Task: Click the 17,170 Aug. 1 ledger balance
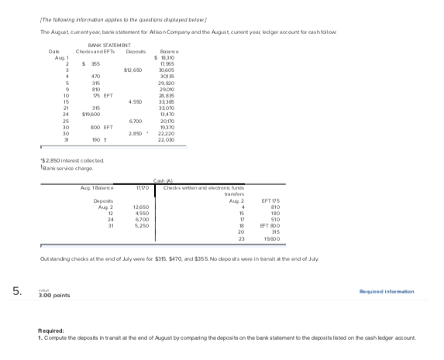tap(141, 188)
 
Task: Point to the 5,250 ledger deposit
tap(141, 225)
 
